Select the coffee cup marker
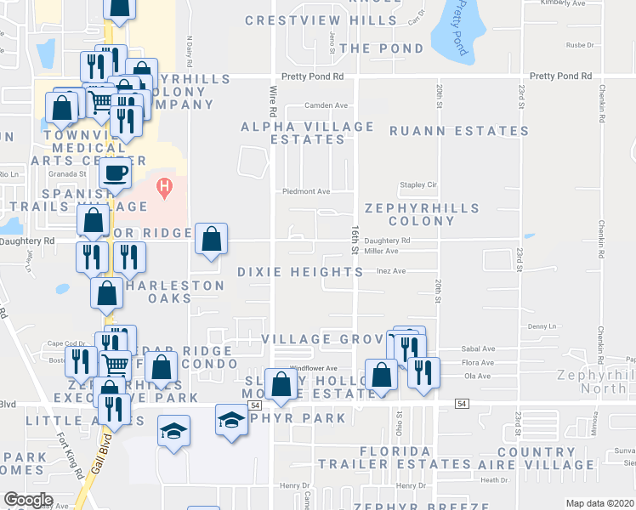[116, 173]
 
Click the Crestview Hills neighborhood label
[305, 20]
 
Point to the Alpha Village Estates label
[307, 133]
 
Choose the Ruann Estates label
[459, 131]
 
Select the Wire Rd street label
[273, 100]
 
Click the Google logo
[28, 500]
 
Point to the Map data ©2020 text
[599, 503]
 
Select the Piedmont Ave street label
[306, 191]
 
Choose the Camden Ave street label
[327, 105]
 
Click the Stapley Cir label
[417, 184]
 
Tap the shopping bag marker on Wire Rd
[281, 384]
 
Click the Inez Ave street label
[392, 271]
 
